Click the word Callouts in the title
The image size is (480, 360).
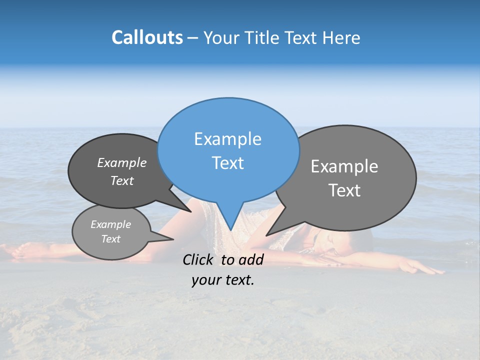147,37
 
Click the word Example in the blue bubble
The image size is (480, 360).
227,139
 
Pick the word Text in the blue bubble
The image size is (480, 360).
227,163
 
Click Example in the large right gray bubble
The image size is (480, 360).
344,166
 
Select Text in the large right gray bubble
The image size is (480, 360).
344,190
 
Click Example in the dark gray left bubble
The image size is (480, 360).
121,163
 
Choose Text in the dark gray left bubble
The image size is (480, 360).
121,180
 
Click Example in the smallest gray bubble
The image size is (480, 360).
110,224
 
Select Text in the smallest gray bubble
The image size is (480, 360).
110,239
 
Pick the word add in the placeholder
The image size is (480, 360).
250,259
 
